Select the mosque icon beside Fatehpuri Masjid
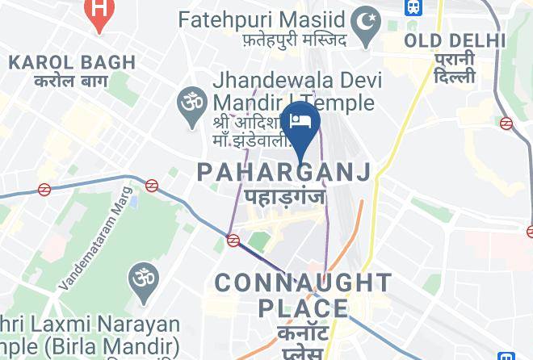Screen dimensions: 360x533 (368, 18)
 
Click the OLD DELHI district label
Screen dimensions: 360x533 (455, 40)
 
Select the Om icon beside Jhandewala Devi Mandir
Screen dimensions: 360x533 (191, 103)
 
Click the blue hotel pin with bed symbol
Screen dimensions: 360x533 (302, 122)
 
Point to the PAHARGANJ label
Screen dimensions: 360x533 (284, 171)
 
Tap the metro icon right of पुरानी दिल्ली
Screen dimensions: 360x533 (506, 123)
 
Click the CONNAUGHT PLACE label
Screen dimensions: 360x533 (303, 295)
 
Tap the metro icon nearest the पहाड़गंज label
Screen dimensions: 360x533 (233, 240)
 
